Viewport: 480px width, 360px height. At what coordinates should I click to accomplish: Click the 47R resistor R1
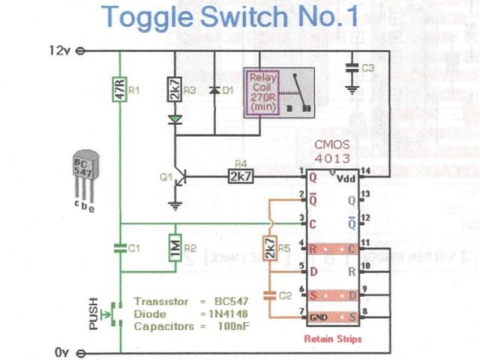tap(118, 89)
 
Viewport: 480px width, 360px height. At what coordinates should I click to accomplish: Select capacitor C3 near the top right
tap(351, 69)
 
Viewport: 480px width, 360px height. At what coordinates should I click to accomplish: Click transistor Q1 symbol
tap(178, 178)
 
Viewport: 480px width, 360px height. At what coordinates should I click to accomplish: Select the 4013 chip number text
tap(328, 159)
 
